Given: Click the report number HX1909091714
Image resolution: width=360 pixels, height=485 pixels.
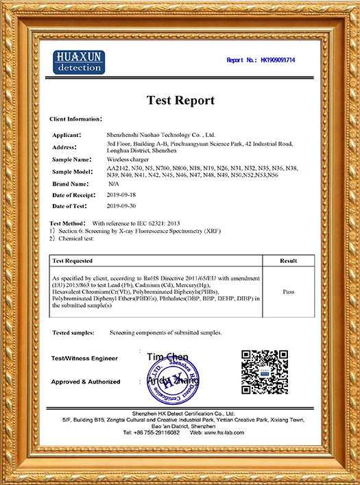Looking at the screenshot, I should coord(278,60).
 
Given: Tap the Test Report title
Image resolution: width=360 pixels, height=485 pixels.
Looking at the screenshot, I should coord(180,101).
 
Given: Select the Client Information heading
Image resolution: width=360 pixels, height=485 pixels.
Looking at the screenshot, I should coord(75,119).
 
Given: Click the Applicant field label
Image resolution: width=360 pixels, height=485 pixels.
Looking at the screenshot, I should coord(67,135).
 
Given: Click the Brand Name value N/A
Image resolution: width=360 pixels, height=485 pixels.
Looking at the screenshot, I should coord(113,184).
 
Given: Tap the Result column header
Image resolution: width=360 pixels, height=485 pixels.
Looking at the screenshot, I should coord(289,261).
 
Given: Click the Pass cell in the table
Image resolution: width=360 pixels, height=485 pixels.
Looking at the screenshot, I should coord(289,291).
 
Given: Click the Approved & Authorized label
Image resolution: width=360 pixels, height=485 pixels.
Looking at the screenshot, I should coord(86,382).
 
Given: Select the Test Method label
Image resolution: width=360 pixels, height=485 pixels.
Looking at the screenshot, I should coord(68,224).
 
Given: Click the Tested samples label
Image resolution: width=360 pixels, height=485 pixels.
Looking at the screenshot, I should coord(75,332).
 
